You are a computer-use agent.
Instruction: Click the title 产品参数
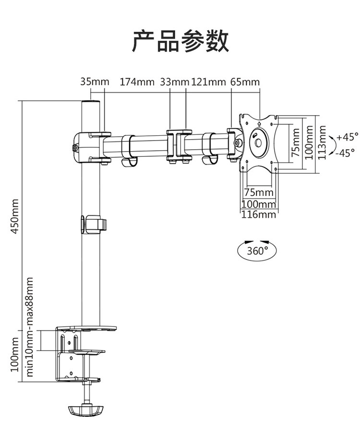point(180,41)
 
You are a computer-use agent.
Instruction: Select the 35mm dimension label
point(95,82)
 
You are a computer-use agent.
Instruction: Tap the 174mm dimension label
point(137,82)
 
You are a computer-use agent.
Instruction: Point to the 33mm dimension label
point(174,82)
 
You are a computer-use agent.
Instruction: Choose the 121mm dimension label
point(209,82)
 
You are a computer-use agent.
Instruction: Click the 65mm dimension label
point(245,82)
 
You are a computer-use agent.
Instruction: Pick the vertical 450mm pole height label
point(15,216)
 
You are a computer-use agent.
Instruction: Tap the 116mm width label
point(259,214)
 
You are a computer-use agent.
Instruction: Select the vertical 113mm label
point(322,142)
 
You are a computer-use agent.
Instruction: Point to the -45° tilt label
point(345,153)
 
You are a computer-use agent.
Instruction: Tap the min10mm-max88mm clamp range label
point(30,327)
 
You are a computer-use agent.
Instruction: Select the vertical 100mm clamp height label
point(15,354)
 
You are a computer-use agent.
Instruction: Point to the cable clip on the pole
point(94,224)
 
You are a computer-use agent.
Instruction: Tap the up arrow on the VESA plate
point(259,124)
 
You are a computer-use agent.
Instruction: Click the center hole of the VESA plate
point(258,143)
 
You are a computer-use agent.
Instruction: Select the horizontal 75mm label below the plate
point(259,192)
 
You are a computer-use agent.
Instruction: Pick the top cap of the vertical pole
point(91,103)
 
